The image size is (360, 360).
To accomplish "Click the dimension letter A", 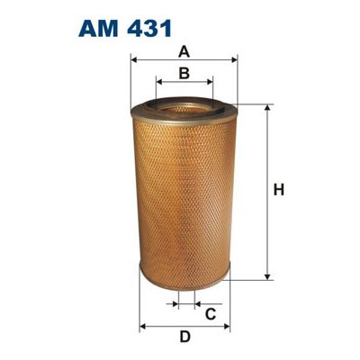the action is point(184,52).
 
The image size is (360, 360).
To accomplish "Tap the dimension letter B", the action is point(184,73).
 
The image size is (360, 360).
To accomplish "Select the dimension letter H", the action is point(279,190).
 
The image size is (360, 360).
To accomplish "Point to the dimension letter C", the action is point(211,314).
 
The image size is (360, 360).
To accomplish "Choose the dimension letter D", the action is point(185,337).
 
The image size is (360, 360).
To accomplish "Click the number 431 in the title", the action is point(149,29).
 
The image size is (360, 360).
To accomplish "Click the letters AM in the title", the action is point(98,29).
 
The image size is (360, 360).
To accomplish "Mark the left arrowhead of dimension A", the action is point(134,60).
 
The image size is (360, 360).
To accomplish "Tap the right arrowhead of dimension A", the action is point(234,60).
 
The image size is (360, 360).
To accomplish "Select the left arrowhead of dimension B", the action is point(159,82).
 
